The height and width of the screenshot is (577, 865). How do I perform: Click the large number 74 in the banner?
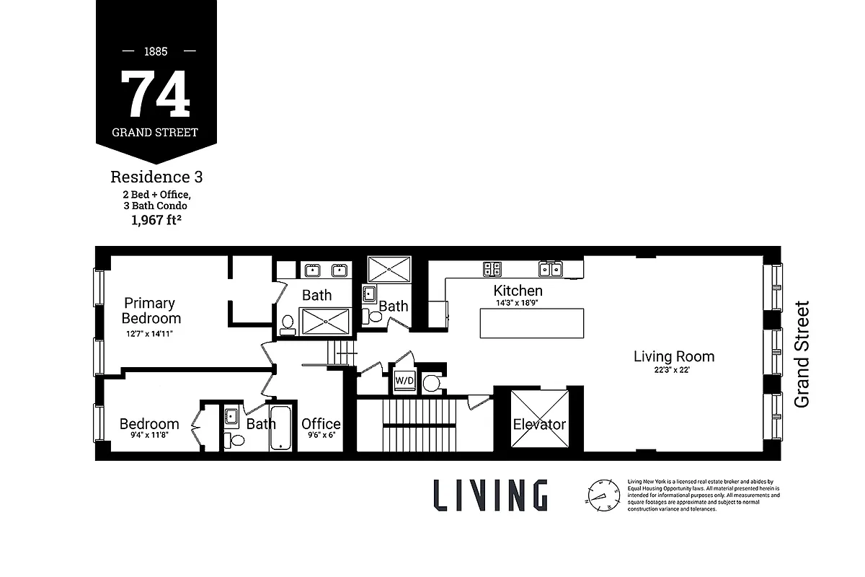pos(156,94)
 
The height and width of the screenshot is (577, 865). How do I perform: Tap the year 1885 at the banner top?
pos(156,52)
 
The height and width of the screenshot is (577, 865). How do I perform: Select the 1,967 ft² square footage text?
pos(156,221)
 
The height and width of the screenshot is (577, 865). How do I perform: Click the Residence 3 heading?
pos(156,177)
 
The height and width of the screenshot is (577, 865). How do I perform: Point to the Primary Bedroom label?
pos(151,311)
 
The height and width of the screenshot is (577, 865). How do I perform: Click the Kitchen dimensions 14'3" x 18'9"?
pos(518,304)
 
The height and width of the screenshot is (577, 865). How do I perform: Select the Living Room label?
pos(674,356)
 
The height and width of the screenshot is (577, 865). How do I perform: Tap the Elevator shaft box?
pos(539,423)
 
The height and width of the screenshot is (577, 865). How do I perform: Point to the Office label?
pos(321,423)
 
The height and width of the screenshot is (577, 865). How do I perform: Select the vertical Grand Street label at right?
pos(802,354)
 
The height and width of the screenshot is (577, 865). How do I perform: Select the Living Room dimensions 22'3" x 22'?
pos(674,371)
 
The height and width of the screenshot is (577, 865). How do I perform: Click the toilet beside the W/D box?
pos(431,382)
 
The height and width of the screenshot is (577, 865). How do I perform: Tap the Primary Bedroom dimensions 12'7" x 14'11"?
pos(149,334)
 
